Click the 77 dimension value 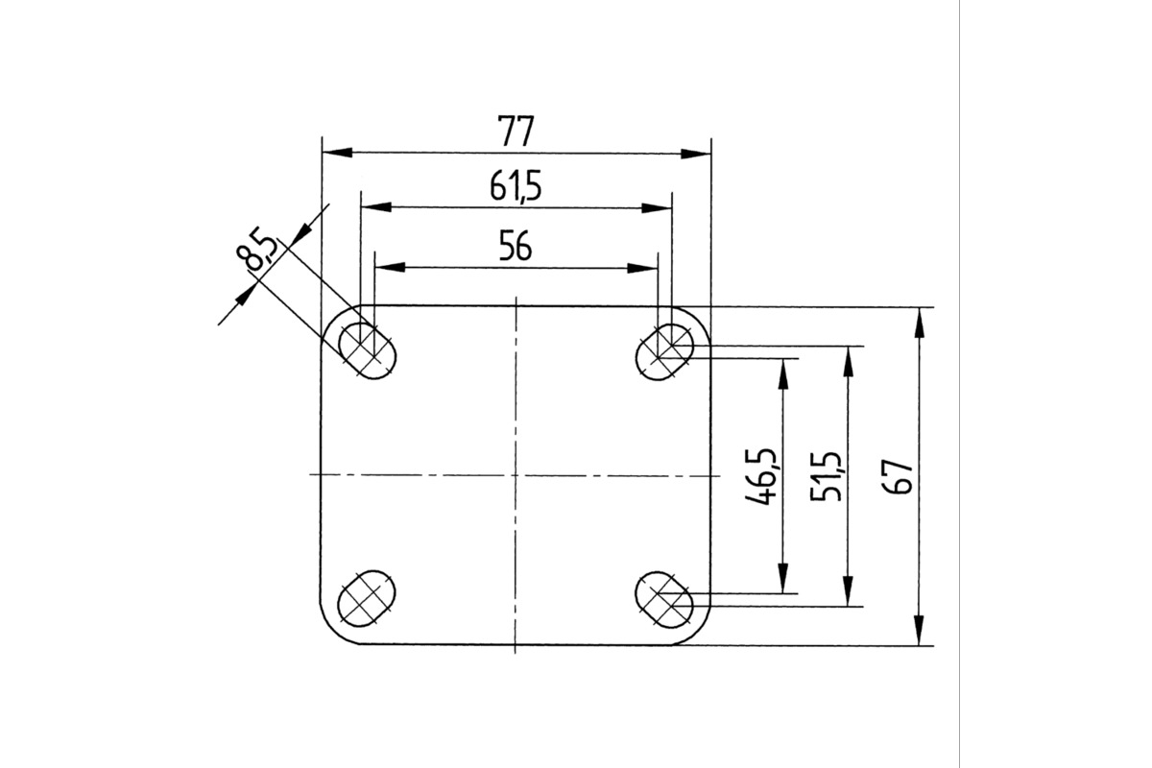(x=516, y=132)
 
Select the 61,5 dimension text (x=516, y=187)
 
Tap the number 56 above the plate (x=516, y=247)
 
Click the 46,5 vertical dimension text (x=760, y=476)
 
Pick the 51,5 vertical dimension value (x=826, y=476)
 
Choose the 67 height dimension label (x=900, y=477)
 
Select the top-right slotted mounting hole (x=664, y=352)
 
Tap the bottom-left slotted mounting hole (x=367, y=598)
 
